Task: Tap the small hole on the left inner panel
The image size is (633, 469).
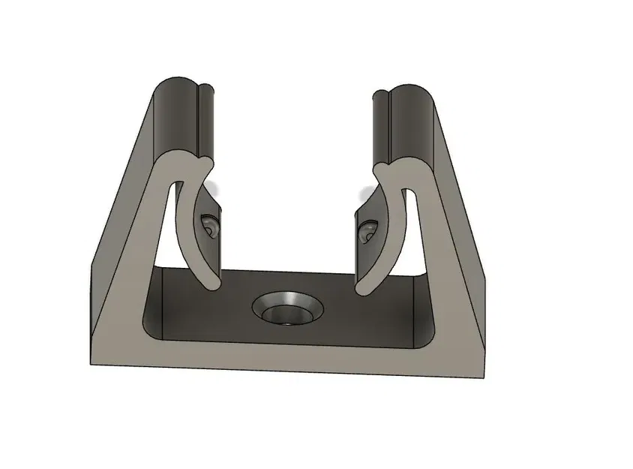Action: (x=208, y=225)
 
